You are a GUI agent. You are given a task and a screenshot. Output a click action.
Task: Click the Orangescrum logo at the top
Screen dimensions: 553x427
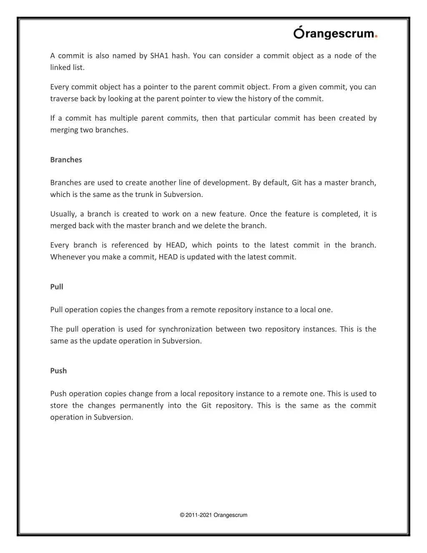pos(335,33)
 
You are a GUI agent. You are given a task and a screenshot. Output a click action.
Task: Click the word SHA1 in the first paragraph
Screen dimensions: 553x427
pos(159,56)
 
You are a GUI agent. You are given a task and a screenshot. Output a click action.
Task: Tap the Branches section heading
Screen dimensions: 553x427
pos(66,159)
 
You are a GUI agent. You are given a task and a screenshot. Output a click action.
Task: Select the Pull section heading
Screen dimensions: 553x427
pos(57,286)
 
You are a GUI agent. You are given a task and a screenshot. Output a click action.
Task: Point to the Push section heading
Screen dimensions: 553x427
pos(58,371)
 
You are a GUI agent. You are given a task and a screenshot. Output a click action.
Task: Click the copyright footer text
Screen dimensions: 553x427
pos(213,515)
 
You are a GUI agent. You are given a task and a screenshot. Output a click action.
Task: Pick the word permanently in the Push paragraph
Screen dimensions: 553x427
pos(142,405)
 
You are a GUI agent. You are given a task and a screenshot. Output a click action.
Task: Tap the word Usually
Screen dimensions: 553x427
pos(63,214)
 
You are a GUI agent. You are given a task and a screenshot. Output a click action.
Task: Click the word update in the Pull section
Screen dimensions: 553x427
pos(105,341)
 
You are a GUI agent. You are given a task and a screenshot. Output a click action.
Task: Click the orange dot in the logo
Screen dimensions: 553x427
pos(376,36)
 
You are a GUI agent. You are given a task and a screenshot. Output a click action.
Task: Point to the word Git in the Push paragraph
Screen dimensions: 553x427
pos(206,405)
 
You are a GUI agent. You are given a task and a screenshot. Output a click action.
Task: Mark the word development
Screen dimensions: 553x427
pos(226,183)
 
